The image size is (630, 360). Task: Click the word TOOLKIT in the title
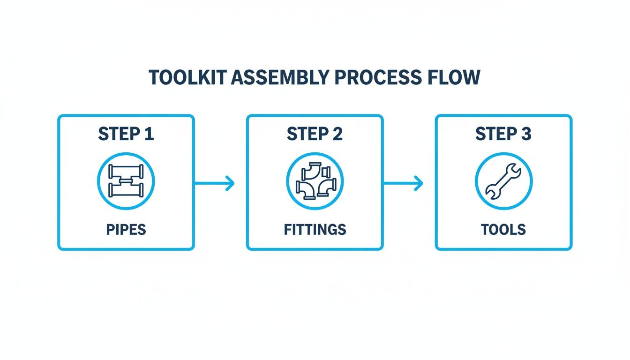click(x=186, y=78)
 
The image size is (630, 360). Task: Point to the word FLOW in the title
click(x=454, y=78)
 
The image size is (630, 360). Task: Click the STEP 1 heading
click(x=126, y=134)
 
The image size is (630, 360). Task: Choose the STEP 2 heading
click(x=315, y=134)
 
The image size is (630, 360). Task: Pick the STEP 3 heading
click(x=503, y=134)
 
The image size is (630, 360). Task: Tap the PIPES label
click(x=126, y=230)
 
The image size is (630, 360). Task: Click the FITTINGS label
click(x=315, y=230)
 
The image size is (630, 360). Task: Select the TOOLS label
click(x=503, y=230)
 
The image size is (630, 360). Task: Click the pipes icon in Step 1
click(x=126, y=181)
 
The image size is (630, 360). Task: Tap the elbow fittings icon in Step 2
click(x=315, y=181)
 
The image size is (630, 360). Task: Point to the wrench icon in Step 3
click(x=503, y=181)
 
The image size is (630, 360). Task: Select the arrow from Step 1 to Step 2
click(x=214, y=183)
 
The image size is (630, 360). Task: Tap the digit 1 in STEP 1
click(x=149, y=134)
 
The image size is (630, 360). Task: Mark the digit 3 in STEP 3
click(x=526, y=134)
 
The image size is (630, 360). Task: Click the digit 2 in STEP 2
click(x=337, y=134)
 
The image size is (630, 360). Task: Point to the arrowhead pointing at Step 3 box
click(x=419, y=183)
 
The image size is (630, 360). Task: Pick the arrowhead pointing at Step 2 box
click(x=230, y=183)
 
